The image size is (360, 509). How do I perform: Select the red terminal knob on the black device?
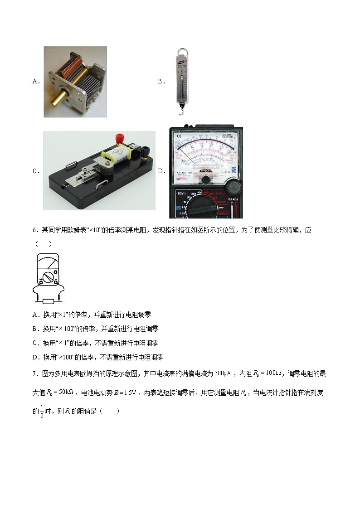pyautogui.click(x=121, y=137)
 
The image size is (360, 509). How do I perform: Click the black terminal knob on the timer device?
pyautogui.click(x=146, y=150)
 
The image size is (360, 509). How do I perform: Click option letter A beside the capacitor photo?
pyautogui.click(x=36, y=82)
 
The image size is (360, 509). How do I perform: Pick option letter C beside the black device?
pyautogui.click(x=36, y=171)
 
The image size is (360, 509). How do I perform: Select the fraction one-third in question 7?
pyautogui.click(x=42, y=412)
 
